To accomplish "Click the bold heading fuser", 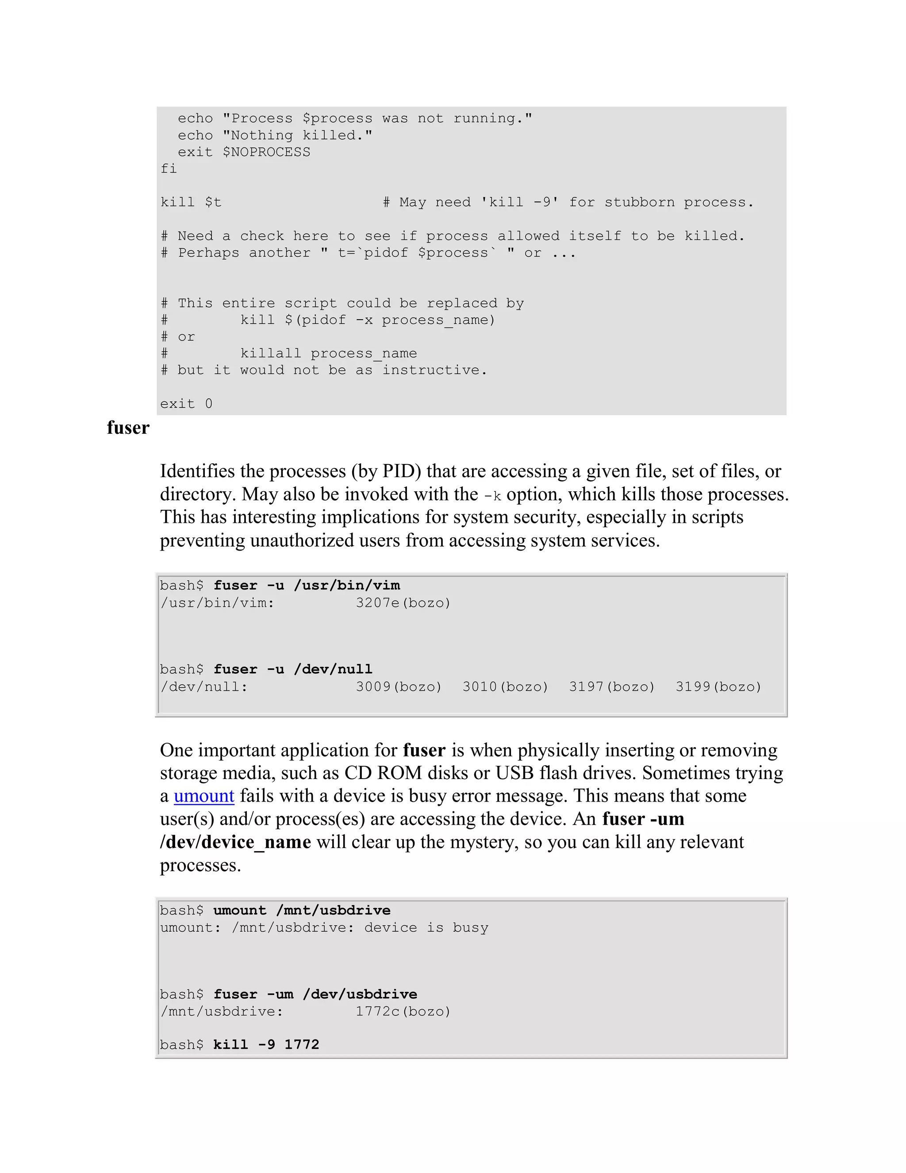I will [x=128, y=428].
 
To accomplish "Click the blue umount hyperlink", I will [x=204, y=796].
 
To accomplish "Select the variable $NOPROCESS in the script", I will [x=266, y=153].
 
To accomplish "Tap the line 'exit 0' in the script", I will [x=186, y=404].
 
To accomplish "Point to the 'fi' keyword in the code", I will [x=169, y=169].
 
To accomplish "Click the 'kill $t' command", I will [x=191, y=202].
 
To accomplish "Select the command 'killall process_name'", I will [x=329, y=353].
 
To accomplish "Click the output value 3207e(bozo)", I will [x=403, y=603].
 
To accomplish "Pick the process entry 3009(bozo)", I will [x=399, y=687].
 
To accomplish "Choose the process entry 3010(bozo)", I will [x=505, y=687].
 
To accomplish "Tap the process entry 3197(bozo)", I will [x=612, y=687].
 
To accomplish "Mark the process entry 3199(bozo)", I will [x=718, y=687].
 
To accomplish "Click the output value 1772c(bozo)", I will [x=403, y=1012].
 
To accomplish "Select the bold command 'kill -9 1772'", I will [x=266, y=1045].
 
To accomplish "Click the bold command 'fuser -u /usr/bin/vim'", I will [x=307, y=586].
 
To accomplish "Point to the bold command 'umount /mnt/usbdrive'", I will [x=302, y=911].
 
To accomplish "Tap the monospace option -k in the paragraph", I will [x=492, y=496].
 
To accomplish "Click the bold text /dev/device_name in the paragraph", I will [x=235, y=842].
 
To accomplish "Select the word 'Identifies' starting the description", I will [x=197, y=471].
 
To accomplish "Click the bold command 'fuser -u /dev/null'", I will [x=292, y=669].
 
